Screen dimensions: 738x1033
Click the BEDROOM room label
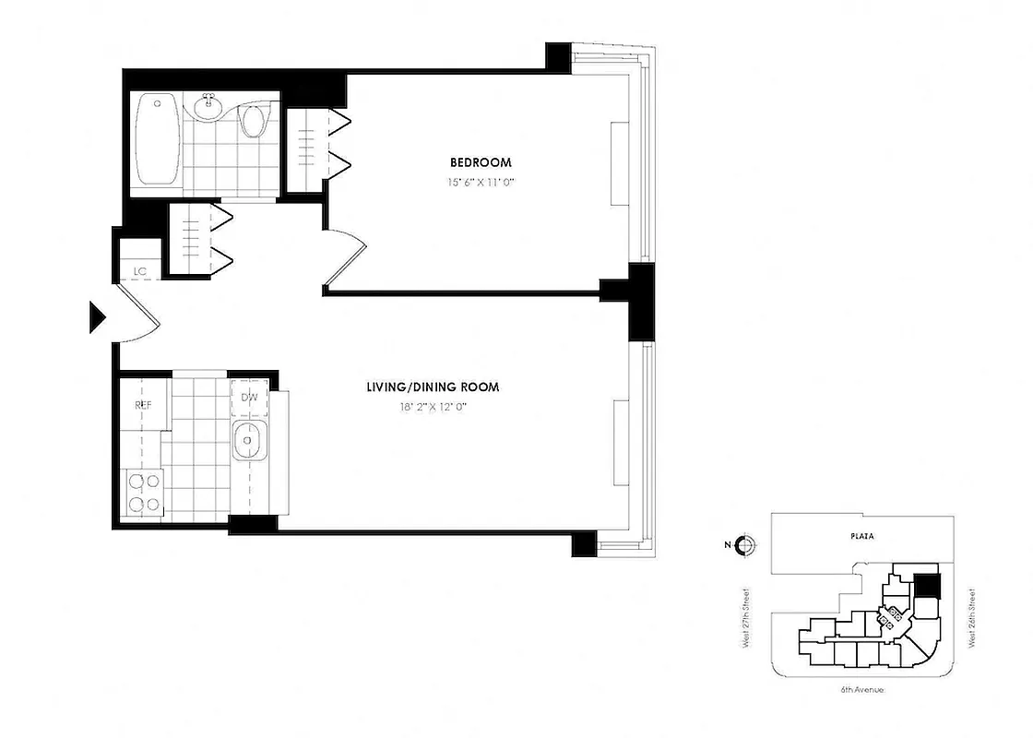click(476, 162)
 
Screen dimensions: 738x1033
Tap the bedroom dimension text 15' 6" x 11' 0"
click(476, 183)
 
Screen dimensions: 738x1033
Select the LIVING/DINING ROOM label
click(433, 387)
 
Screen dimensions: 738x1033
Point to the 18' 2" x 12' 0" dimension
click(433, 407)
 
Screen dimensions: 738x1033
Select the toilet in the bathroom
click(252, 122)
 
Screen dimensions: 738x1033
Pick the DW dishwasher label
click(249, 398)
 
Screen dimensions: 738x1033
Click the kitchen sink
click(248, 444)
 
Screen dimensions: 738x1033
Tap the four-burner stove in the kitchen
click(142, 491)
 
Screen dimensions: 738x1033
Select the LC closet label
click(140, 271)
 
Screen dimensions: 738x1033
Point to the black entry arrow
click(97, 316)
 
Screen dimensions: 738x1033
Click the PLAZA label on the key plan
click(862, 535)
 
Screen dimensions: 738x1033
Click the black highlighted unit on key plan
click(927, 585)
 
